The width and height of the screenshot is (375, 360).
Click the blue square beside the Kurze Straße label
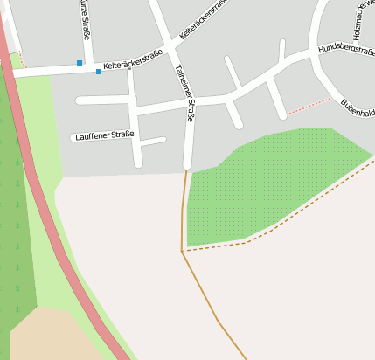(x=80, y=63)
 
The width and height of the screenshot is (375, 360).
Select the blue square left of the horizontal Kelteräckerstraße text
(x=99, y=72)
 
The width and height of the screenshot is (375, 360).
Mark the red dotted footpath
(x=309, y=106)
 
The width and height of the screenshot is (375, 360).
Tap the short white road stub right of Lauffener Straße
(x=154, y=141)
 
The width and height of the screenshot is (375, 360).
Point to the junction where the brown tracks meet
(x=182, y=251)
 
